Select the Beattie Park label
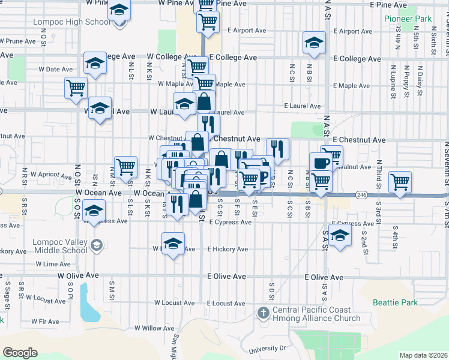click(x=395, y=302)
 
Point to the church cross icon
click(x=263, y=313)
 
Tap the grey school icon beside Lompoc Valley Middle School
click(x=97, y=245)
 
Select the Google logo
click(x=20, y=353)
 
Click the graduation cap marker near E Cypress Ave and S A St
click(x=339, y=236)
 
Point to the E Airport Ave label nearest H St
click(x=247, y=30)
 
